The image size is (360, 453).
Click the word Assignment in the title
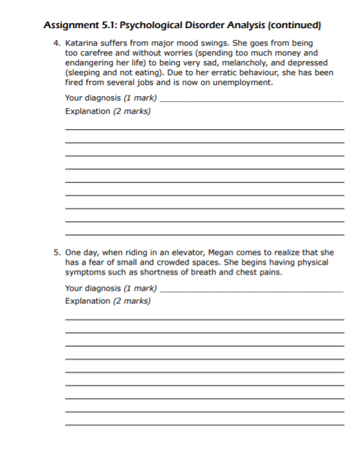(73, 25)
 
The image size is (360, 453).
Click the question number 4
(55, 43)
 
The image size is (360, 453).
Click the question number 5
(55, 252)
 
